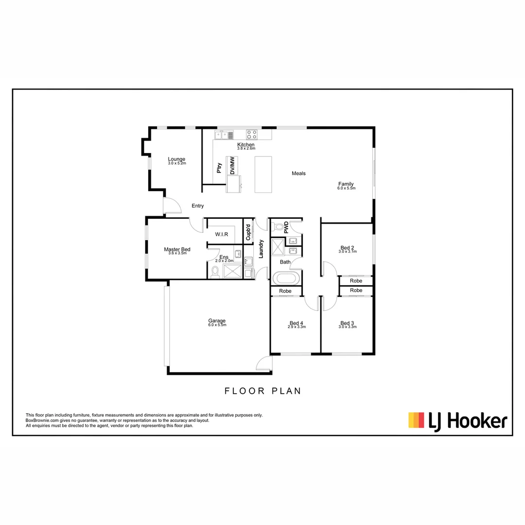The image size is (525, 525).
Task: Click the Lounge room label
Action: (176, 159)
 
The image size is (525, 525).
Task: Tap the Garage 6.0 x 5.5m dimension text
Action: (217, 325)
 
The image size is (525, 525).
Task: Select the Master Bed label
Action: (177, 249)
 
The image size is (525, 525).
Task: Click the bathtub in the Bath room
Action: (286, 279)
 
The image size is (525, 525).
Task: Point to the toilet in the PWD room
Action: (279, 226)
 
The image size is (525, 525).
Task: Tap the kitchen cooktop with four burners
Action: (252, 134)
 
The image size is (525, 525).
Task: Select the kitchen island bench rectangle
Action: (263, 174)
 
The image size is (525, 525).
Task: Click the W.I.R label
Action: (222, 235)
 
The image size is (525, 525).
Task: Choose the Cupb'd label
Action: (248, 232)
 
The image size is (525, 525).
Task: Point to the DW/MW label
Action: (232, 166)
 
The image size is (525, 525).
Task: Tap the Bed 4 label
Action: (296, 323)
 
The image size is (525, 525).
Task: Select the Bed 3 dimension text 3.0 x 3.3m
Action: (348, 327)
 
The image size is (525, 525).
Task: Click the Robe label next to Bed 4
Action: (285, 291)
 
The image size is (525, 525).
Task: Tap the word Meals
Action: (298, 174)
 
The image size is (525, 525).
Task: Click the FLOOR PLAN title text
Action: (262, 391)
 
